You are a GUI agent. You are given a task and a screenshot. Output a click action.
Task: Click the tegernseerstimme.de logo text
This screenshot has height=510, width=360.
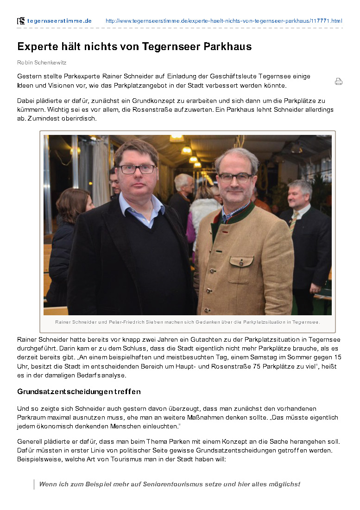(x=59, y=21)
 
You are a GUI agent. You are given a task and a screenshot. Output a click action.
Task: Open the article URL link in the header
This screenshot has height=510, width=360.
(x=224, y=21)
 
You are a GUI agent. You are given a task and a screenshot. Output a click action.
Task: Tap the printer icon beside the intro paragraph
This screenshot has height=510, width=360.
(x=339, y=82)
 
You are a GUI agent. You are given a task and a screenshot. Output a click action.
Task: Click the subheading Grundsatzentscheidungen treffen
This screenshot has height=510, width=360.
(x=79, y=392)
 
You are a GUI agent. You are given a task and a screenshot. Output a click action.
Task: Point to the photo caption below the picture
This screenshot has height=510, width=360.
(x=187, y=322)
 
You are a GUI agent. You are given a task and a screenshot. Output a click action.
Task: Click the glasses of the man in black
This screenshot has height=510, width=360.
(x=137, y=169)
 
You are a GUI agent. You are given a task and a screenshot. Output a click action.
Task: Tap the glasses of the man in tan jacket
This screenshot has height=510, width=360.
(x=236, y=177)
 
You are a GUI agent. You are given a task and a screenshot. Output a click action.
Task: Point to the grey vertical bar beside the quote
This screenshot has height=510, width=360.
(x=34, y=484)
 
